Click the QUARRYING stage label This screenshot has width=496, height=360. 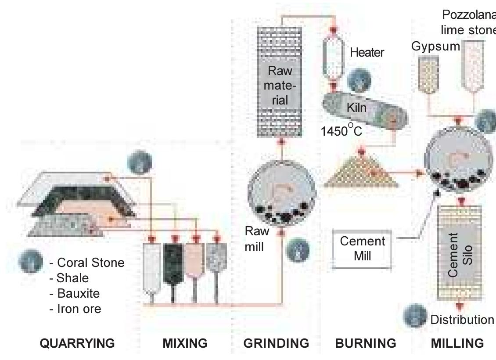[x=77, y=343]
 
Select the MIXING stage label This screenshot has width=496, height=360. [x=185, y=343]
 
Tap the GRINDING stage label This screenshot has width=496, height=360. [x=276, y=343]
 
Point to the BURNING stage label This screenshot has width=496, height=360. [x=365, y=343]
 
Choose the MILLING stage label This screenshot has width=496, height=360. [x=457, y=343]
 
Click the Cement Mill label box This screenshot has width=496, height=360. [x=362, y=248]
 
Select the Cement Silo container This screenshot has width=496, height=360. [x=460, y=255]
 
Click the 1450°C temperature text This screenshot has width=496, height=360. [x=341, y=131]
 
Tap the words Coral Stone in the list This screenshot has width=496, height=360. [x=90, y=263]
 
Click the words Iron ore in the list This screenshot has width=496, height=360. [x=79, y=309]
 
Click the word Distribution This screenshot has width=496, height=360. [x=462, y=320]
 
